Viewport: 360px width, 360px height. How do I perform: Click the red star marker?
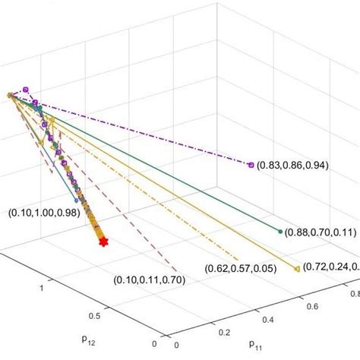(103, 242)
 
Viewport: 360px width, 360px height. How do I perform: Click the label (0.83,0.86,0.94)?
(292, 165)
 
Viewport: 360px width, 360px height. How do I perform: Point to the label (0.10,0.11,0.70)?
(149, 280)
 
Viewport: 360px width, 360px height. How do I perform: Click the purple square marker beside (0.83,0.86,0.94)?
(250, 164)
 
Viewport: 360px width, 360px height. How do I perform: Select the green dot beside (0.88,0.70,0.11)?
(280, 231)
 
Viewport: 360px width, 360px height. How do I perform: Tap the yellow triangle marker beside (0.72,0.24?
(295, 267)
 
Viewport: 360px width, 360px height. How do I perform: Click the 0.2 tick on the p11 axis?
(223, 332)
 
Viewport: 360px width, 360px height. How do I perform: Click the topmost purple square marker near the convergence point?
(26, 90)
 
